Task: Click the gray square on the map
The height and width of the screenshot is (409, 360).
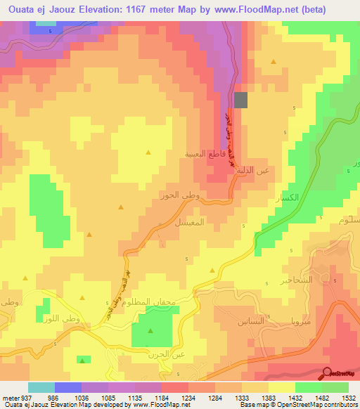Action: tap(240, 100)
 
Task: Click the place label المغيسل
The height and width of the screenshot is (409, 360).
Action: tap(189, 221)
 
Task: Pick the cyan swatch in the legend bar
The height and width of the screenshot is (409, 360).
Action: tap(41, 387)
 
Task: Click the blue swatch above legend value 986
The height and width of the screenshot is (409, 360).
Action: tap(67, 387)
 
